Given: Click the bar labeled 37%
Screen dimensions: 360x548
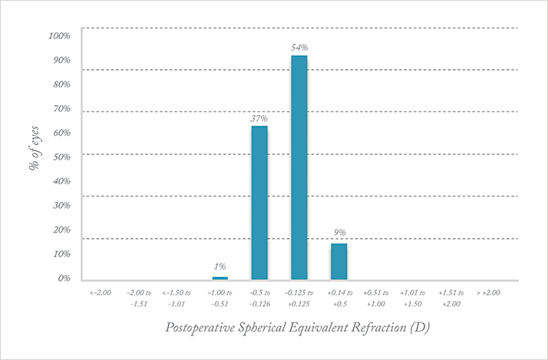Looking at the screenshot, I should pyautogui.click(x=259, y=202).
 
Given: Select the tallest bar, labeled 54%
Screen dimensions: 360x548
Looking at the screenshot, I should pyautogui.click(x=299, y=167).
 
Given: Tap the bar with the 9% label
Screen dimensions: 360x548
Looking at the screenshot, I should pyautogui.click(x=338, y=261).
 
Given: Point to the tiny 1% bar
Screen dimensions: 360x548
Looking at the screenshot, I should pyautogui.click(x=220, y=278).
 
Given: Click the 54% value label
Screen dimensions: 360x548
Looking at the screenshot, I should pyautogui.click(x=299, y=48).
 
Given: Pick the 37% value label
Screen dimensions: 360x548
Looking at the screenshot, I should pyautogui.click(x=259, y=118).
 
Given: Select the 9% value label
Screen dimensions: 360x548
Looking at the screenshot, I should pyautogui.click(x=339, y=233).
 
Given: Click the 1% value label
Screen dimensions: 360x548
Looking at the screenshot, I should pyautogui.click(x=220, y=266).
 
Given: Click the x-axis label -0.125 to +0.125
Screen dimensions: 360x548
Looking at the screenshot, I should pyautogui.click(x=299, y=298).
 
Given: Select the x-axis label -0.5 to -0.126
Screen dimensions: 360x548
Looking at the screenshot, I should pyautogui.click(x=259, y=298).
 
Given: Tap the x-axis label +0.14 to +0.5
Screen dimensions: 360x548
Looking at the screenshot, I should pyautogui.click(x=339, y=298).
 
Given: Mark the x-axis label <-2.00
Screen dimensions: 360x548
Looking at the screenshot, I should pyautogui.click(x=101, y=293).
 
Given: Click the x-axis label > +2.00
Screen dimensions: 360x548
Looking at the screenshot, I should pyautogui.click(x=489, y=293).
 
